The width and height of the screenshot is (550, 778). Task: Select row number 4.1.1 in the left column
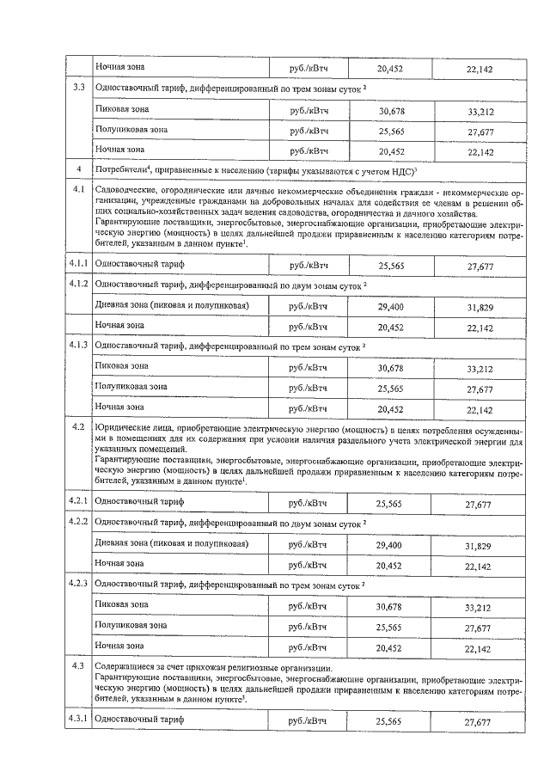(78, 265)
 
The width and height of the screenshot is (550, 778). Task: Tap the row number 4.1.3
(78, 346)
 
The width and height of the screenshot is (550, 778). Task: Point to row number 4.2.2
(78, 524)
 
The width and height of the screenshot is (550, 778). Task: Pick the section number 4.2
(78, 427)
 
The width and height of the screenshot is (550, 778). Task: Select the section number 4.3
(78, 667)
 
